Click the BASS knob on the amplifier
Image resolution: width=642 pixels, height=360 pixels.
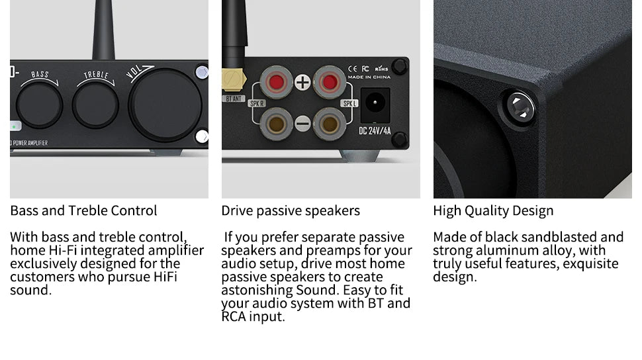coord(39,105)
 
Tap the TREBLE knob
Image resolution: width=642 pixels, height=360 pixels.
coord(95,105)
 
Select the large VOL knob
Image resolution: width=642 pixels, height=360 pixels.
coord(165,105)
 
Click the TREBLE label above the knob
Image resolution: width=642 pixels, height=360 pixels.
coord(96,75)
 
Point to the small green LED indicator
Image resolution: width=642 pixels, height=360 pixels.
coord(15,126)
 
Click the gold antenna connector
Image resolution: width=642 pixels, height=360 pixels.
coord(234,79)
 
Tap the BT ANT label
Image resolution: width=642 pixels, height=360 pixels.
coord(234,99)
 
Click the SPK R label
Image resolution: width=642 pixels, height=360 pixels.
coord(257,104)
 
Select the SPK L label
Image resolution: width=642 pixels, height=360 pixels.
coord(349,104)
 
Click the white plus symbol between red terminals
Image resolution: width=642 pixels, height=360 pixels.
coord(302,82)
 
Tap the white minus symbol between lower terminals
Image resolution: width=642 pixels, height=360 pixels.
coord(302,123)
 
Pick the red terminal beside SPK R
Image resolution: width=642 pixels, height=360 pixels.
coord(277,82)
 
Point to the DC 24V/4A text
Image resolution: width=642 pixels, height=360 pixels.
coord(375,131)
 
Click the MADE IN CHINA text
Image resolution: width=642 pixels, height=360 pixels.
coord(369,77)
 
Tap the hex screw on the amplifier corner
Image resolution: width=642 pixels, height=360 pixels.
coord(521,108)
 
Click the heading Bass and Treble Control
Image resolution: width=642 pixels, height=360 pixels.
coord(83,210)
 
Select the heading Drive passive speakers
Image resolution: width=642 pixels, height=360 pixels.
coord(291,211)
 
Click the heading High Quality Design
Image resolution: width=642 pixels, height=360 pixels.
coord(493,211)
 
